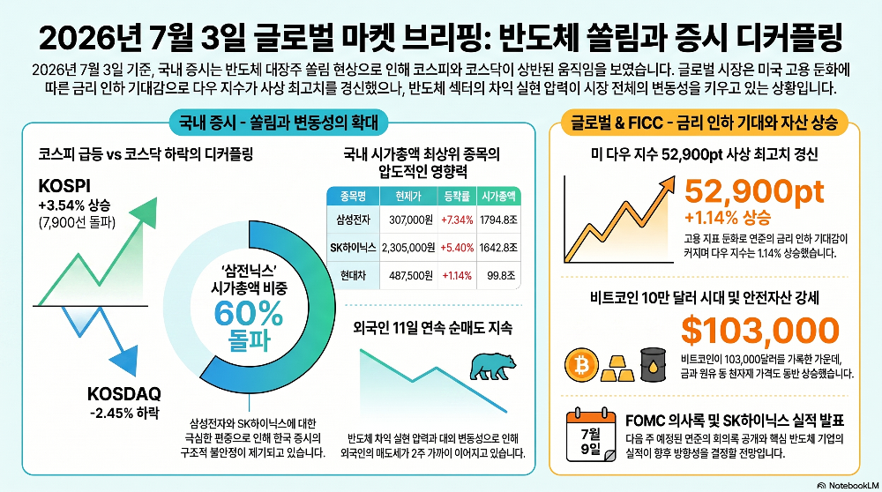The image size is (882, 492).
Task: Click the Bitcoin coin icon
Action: [581, 365]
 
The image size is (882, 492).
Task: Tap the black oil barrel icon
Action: [653, 365]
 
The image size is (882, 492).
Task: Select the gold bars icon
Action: [617, 369]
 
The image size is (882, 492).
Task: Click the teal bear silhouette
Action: [493, 367]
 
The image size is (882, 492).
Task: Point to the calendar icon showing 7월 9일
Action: [591, 435]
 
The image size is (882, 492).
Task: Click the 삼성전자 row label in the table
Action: [354, 220]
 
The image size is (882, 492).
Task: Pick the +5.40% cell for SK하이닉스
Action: [457, 248]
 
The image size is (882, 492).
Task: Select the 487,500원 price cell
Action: [411, 275]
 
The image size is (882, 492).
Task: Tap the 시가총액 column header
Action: [498, 197]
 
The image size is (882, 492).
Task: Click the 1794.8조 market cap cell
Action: [498, 220]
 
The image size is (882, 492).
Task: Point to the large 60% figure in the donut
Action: [248, 313]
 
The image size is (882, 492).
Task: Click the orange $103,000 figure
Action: [760, 330]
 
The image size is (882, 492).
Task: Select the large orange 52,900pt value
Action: [754, 191]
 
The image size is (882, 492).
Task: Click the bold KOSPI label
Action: [64, 186]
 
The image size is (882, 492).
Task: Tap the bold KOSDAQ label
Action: [123, 393]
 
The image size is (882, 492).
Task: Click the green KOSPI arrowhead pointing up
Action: [145, 212]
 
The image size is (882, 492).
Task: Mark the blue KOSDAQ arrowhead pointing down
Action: [125, 361]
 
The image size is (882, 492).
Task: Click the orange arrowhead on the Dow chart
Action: [667, 184]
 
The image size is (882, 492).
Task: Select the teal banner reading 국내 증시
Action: [279, 123]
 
